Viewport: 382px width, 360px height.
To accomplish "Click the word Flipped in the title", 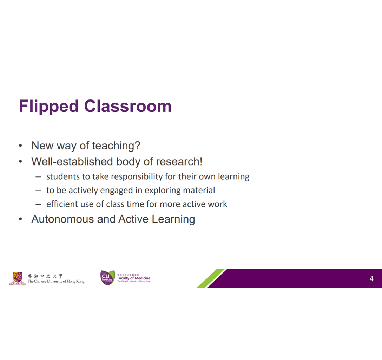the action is tap(49, 107).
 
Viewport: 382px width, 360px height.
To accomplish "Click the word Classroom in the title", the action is tap(128, 106).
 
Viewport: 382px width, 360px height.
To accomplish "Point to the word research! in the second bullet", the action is tap(179, 161).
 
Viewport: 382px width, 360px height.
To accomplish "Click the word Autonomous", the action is tap(62, 219).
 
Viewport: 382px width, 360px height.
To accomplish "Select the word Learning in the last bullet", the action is tap(173, 219).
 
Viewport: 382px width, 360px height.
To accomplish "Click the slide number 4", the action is tap(371, 279).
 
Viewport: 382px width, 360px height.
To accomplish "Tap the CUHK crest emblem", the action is tap(18, 278).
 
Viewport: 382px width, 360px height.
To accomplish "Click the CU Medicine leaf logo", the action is tap(108, 278).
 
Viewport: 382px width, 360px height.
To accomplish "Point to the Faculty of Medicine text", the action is tap(134, 278).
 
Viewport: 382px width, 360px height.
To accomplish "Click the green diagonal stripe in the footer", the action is tap(211, 278).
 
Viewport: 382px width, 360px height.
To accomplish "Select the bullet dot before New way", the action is tap(20, 146).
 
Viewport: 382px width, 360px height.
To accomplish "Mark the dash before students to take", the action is tap(38, 177).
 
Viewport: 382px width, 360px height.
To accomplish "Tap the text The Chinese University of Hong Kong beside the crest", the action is tap(56, 282).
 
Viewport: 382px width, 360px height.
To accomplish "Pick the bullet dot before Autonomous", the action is tap(20, 219).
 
